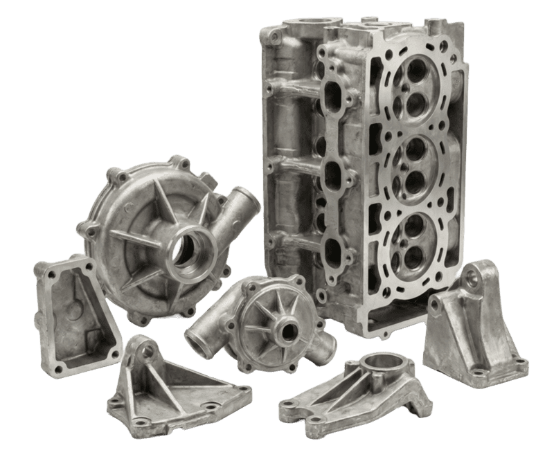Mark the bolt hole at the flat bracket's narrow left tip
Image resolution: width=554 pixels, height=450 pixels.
(x=289, y=415)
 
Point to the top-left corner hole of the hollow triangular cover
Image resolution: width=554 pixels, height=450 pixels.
(x=50, y=275)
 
